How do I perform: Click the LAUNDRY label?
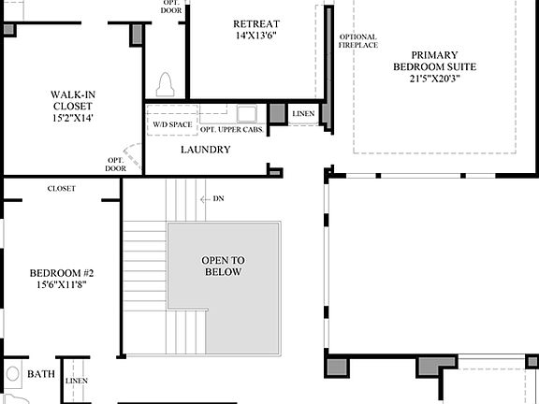point(205,149)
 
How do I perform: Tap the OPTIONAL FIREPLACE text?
point(357,42)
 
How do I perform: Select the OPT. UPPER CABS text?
point(231,129)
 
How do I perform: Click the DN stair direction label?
point(218,198)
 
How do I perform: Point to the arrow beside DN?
point(205,198)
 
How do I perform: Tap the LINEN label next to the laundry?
point(303,114)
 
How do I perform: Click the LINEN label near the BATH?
point(77,381)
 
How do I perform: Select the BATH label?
point(40,374)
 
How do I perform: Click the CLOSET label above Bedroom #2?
point(62,188)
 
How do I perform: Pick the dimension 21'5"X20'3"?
point(434,79)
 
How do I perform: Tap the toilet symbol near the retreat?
point(168,84)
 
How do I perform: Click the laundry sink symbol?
point(247,114)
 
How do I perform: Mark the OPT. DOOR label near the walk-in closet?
point(116,164)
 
